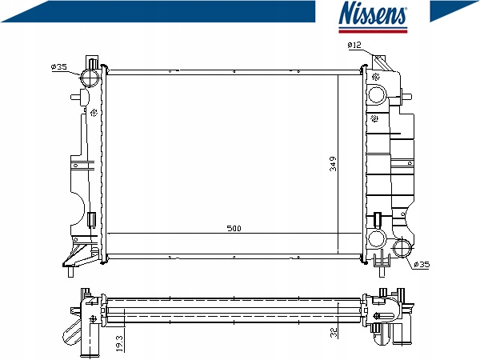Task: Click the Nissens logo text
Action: coord(373,13)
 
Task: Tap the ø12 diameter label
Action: coord(354,46)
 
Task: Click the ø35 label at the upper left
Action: coord(59,66)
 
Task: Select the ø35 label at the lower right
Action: coord(422,264)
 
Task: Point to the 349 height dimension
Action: coord(333,164)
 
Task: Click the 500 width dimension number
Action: coord(234,228)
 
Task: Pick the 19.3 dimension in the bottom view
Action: coord(120,343)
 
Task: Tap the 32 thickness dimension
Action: coord(334,332)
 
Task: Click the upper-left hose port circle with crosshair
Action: coord(90,77)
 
